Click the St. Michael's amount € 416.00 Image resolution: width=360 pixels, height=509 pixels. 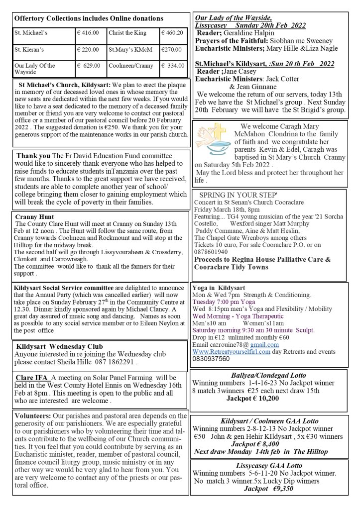(88, 33)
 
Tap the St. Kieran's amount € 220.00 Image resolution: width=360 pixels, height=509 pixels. (88, 50)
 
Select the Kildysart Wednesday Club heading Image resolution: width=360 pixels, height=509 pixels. (59, 346)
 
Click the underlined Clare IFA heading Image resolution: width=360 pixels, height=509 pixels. (32, 378)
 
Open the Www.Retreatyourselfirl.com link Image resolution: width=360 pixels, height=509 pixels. (231, 351)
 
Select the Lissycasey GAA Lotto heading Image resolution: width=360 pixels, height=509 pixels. (269, 465)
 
